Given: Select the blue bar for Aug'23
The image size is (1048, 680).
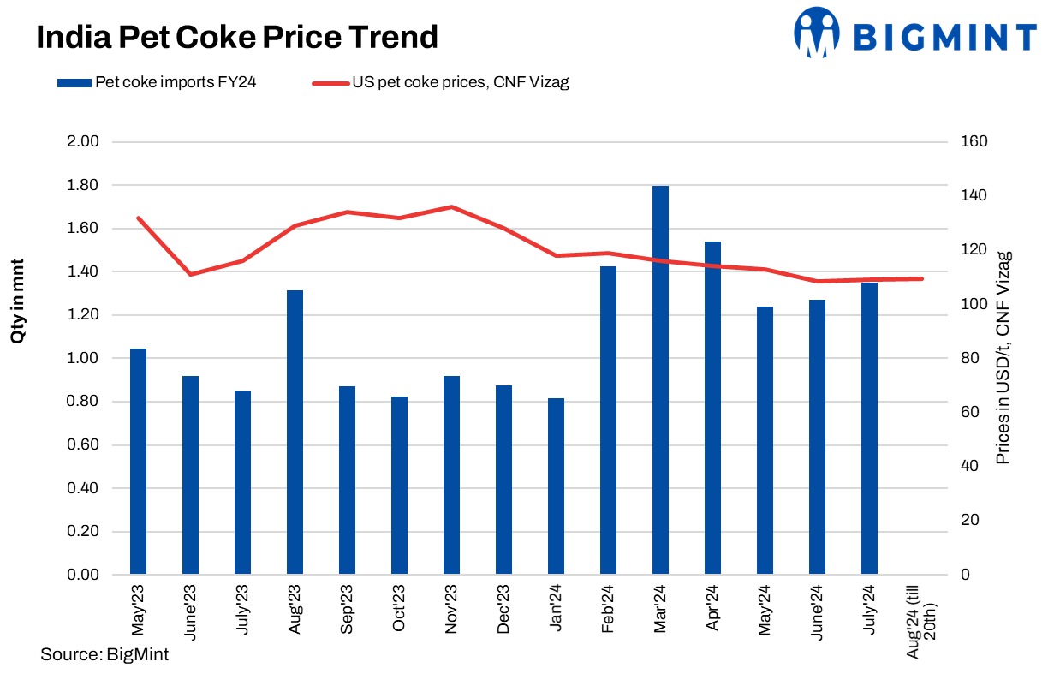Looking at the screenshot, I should point(295,432).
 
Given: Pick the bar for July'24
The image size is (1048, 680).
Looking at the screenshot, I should point(869,427).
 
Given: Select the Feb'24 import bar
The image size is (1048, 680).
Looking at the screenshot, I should point(608,420).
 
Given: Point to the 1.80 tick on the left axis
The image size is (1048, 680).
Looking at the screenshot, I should point(84,185).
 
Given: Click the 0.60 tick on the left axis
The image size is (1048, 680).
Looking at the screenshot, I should point(84,445).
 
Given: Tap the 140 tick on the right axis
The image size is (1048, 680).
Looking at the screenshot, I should point(975,196).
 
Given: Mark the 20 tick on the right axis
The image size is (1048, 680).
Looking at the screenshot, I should point(971,521).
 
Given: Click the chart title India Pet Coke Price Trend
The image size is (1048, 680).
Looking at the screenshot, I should point(236,37).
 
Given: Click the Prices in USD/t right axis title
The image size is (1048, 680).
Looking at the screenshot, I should point(1004,357).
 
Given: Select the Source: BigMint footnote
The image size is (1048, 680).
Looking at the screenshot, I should point(104,655).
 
